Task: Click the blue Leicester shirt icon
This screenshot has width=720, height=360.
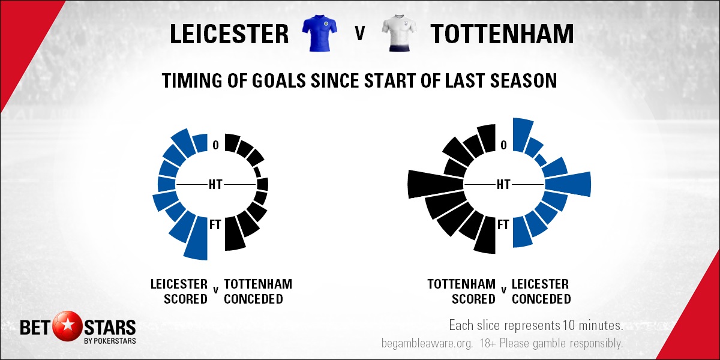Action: click(319, 33)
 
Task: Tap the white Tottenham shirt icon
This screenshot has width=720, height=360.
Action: click(399, 33)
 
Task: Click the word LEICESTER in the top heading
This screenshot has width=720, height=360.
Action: click(229, 34)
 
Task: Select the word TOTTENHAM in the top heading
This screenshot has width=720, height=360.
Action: click(502, 34)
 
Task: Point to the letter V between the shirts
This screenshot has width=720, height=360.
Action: click(359, 34)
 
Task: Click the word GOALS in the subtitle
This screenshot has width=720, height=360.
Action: click(278, 80)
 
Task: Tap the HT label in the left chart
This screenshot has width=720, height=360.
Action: click(215, 185)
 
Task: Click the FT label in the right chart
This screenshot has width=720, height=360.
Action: click(503, 224)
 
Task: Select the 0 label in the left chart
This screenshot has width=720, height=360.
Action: click(215, 145)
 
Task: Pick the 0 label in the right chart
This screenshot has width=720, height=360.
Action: click(503, 145)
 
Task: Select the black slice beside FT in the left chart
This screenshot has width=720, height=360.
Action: click(234, 234)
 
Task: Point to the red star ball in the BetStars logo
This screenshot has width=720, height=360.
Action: click(67, 327)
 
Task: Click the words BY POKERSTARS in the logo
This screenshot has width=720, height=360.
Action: click(110, 341)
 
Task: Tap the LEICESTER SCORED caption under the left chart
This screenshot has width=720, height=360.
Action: click(179, 291)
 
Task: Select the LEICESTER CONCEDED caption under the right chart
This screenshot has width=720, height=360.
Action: click(541, 291)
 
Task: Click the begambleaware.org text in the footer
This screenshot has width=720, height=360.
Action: click(427, 343)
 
